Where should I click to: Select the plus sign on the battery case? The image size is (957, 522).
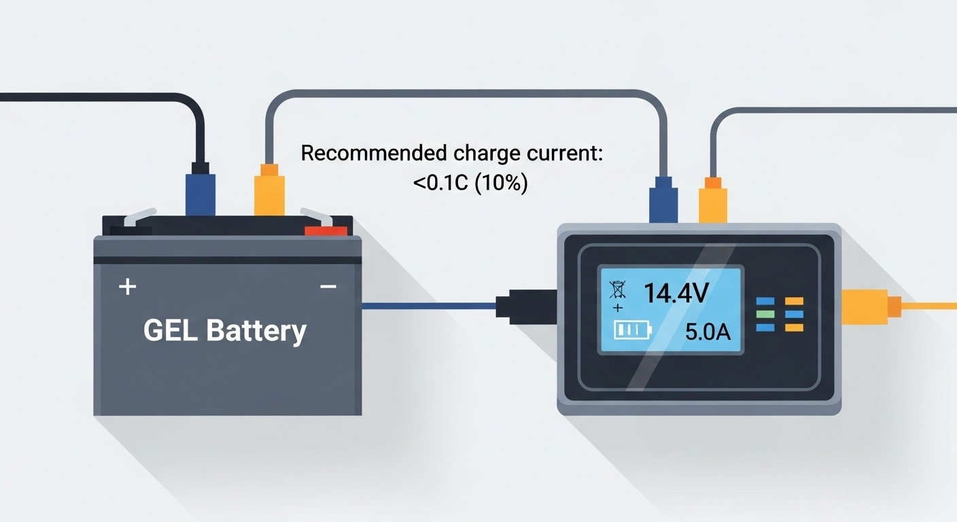[x=127, y=287]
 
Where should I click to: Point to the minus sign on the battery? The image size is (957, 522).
[x=328, y=287]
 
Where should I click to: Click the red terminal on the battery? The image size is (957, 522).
[x=326, y=231]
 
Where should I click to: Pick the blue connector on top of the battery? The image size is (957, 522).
[x=200, y=194]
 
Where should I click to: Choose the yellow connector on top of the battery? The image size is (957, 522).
[x=268, y=194]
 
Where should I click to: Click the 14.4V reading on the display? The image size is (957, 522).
[x=676, y=293]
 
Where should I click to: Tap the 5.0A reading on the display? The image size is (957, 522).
[x=708, y=332]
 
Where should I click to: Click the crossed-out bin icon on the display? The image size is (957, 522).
[x=617, y=290]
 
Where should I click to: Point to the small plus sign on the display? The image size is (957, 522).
[x=617, y=309]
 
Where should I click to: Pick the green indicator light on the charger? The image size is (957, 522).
[x=765, y=314]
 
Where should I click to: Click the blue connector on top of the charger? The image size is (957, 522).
[x=663, y=200]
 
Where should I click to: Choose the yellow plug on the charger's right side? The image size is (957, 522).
[x=867, y=306]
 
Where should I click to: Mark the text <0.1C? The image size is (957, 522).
[x=436, y=184]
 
